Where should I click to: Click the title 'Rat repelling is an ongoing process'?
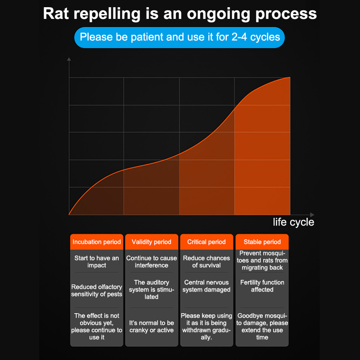pos(180,13)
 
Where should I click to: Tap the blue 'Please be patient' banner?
pos(180,36)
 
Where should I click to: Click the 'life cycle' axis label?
pos(293,222)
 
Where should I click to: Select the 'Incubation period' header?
pos(97,242)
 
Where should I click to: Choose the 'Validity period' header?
pos(152,242)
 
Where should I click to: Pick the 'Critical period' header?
pos(207,242)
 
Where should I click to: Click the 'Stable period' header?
pos(262,242)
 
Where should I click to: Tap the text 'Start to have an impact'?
pos(97,261)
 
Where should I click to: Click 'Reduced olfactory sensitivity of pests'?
pos(97,290)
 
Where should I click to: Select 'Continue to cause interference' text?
pos(152,261)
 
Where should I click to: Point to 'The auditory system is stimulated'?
pos(152,289)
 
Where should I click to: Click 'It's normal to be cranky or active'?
pos(152,327)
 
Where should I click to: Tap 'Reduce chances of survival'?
pos(207,261)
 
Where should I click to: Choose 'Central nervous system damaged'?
pos(207,286)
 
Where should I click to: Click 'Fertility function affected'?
pos(262,286)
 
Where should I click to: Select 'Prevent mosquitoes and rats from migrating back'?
pos(262,261)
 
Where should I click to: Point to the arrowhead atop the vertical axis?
pos(69,59)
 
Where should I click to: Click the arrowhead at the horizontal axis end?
pos(312,215)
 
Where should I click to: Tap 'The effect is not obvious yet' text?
pos(97,326)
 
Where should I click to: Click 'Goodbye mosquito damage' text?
pos(262,326)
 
